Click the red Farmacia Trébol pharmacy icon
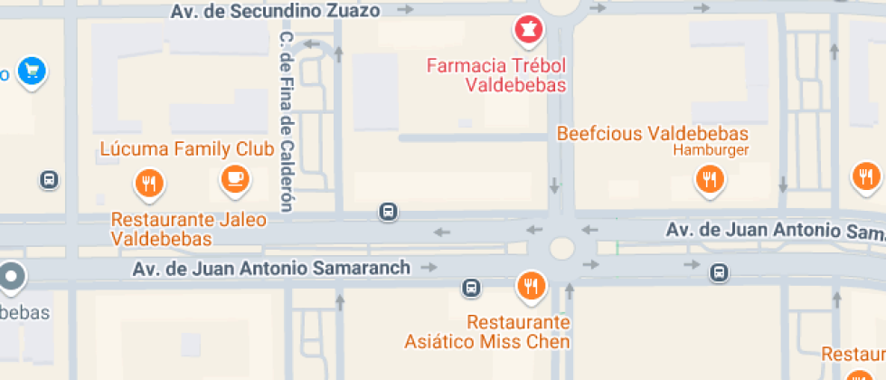(x=528, y=31)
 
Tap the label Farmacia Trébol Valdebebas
(x=496, y=76)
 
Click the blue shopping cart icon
(x=33, y=71)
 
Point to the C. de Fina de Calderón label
(x=287, y=122)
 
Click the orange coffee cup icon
(x=236, y=178)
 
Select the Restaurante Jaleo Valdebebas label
(x=188, y=230)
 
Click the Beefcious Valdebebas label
(x=653, y=134)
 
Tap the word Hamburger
(x=712, y=150)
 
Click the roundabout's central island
(x=561, y=247)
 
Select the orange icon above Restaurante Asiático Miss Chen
(x=530, y=287)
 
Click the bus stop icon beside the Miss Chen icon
(x=470, y=289)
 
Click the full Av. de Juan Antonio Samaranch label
(x=271, y=269)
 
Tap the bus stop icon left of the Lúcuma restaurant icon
(x=49, y=180)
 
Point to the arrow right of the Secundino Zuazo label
(x=406, y=10)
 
